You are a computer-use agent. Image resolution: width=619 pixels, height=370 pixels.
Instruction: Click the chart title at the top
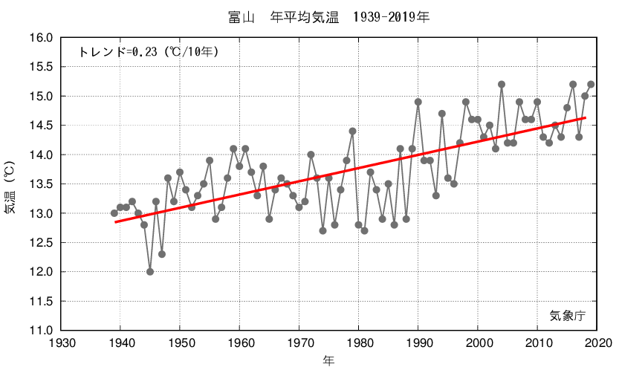pos(329,16)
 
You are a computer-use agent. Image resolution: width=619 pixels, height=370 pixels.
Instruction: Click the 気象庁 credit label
pos(568,315)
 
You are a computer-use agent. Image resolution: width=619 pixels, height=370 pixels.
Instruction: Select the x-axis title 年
pos(328,360)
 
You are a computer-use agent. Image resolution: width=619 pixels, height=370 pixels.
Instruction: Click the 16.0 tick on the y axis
pos(40,38)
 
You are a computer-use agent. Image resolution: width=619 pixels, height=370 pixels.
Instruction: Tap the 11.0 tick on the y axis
pos(40,331)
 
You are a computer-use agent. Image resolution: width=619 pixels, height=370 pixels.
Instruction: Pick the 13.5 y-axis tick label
pos(40,184)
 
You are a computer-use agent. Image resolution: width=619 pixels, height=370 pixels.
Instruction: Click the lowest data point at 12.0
pos(150,272)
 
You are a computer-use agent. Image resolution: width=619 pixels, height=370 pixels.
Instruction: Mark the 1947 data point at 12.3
pos(162,254)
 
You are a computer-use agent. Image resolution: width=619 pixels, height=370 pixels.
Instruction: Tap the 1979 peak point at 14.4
pos(352,132)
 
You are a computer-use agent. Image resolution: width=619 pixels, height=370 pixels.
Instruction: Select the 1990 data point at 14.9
pos(418,102)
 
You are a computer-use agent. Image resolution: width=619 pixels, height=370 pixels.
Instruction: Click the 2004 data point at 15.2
pos(502,85)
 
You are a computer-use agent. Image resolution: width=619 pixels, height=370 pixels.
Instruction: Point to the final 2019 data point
pos(591,85)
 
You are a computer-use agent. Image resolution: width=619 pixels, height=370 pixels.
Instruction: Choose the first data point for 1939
pos(114,213)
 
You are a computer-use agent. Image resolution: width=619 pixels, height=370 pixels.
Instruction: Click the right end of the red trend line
pos(585,117)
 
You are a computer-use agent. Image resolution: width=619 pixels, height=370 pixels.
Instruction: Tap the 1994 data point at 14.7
pos(442,114)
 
